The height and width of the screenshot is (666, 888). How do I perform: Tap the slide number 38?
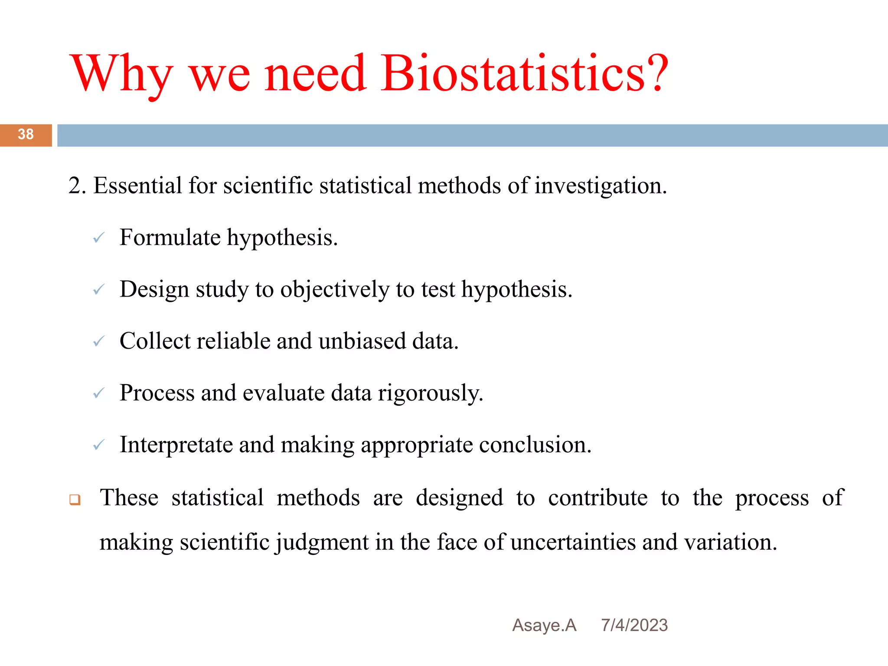click(x=26, y=134)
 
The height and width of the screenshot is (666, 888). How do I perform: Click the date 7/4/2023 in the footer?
click(x=634, y=625)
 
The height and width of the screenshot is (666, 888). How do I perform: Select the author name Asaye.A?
click(x=544, y=625)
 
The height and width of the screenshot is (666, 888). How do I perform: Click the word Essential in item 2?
click(x=137, y=186)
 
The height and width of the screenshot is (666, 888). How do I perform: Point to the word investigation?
click(x=600, y=186)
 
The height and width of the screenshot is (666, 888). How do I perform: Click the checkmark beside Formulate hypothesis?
click(x=99, y=238)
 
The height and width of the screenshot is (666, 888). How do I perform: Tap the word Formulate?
click(x=170, y=238)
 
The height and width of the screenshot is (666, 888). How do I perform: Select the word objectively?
click(x=334, y=290)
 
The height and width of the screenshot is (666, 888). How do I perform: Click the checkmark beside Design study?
click(x=99, y=290)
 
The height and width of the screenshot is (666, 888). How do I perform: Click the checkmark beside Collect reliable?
click(x=99, y=342)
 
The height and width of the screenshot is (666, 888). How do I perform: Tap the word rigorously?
click(x=430, y=393)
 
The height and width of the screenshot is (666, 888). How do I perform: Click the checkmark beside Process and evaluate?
click(x=99, y=393)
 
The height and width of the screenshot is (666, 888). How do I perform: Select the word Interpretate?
click(x=176, y=445)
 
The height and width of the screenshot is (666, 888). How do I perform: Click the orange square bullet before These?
click(x=75, y=500)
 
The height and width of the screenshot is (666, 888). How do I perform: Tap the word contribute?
click(x=597, y=498)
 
